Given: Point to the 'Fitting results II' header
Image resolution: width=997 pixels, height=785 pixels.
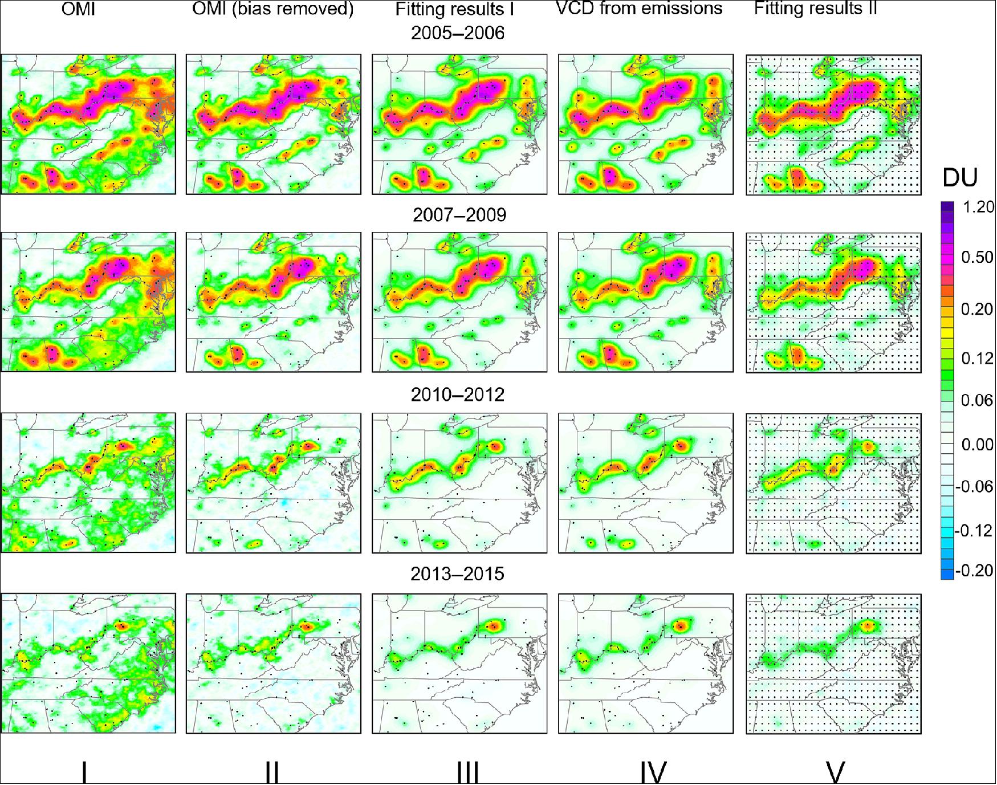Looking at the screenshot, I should point(815,9).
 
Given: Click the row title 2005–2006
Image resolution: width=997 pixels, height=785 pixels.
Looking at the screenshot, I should point(458,33).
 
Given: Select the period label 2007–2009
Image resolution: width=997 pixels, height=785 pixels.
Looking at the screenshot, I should point(458,215).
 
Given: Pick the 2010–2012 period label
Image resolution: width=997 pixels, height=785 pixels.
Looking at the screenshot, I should point(458,394).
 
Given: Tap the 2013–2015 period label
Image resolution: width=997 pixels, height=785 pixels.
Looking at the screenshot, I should point(458,574).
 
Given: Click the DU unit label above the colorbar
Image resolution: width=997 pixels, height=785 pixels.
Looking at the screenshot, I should point(959,179).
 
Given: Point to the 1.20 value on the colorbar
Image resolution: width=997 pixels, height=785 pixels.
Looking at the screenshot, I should point(977,207).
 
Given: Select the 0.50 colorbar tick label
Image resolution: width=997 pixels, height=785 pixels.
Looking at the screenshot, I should point(977,257).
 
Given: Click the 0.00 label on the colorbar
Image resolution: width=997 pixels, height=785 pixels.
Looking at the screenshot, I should point(977,444).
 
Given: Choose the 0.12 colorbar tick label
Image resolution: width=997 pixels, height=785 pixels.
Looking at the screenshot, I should point(977,359).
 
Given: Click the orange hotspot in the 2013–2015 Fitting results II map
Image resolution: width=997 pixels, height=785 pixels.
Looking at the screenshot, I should point(868,626).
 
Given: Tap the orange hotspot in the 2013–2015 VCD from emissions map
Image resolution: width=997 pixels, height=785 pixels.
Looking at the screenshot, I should point(680,625).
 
